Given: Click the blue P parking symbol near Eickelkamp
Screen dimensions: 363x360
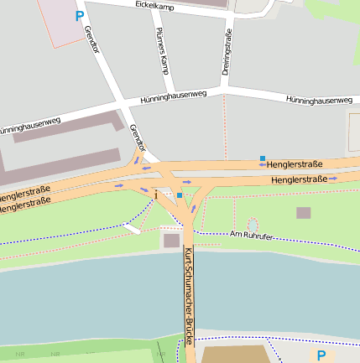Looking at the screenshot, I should [80, 15].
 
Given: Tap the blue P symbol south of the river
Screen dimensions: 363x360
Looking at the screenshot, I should [321, 355].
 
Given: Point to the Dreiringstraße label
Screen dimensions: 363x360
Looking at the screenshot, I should [227, 53].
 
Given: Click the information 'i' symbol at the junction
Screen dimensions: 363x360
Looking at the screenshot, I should [156, 194].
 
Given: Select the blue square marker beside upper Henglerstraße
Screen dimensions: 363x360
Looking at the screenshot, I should [263, 158].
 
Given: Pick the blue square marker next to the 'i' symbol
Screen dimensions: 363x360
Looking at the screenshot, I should [179, 195].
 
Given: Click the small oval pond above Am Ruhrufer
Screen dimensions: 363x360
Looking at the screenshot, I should [253, 224].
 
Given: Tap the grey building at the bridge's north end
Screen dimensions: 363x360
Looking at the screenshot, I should [171, 241].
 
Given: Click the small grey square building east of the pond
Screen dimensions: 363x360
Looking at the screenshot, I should [303, 213].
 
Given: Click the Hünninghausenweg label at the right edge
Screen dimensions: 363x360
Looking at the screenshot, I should [318, 100].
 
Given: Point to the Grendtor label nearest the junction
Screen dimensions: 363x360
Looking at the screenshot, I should [138, 138].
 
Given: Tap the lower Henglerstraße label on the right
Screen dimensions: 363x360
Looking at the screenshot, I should [299, 179].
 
